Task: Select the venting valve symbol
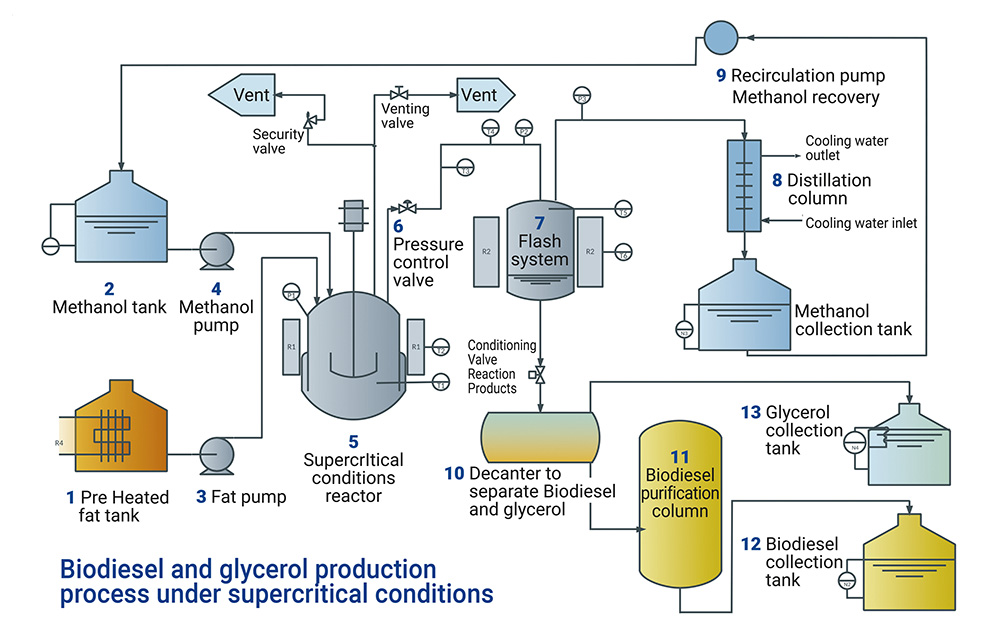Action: tap(398, 93)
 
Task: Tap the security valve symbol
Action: tap(308, 120)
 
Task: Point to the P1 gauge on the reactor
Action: tap(292, 293)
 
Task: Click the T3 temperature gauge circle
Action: tap(465, 170)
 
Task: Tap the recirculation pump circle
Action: tap(720, 37)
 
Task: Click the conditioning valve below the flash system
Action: tap(540, 374)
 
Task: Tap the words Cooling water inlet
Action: tap(861, 223)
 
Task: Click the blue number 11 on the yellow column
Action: tap(679, 458)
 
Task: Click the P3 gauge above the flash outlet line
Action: tap(582, 97)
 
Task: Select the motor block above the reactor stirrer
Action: tap(352, 215)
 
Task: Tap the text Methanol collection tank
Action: tap(852, 320)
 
